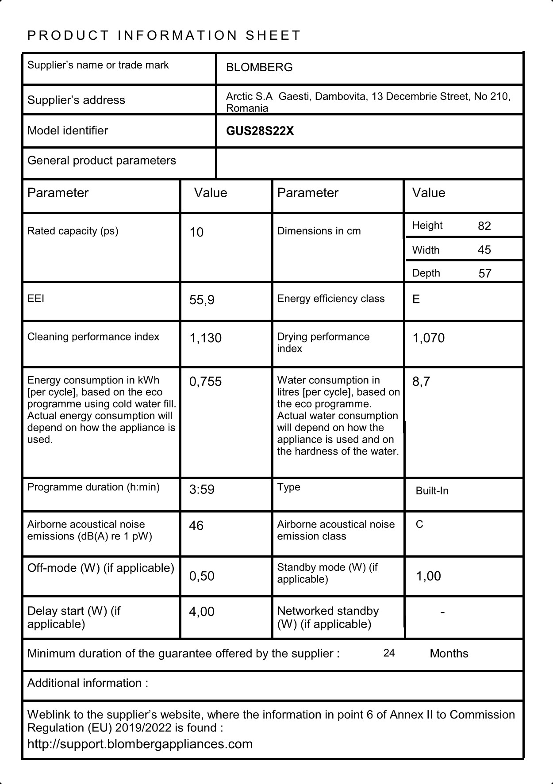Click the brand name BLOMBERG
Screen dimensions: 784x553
pyautogui.click(x=259, y=67)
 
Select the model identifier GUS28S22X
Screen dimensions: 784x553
pyautogui.click(x=260, y=131)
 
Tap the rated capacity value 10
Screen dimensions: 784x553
pyautogui.click(x=196, y=232)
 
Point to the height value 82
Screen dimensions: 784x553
pyautogui.click(x=484, y=226)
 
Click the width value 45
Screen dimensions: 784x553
pyautogui.click(x=484, y=250)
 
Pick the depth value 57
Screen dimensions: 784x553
pyautogui.click(x=485, y=273)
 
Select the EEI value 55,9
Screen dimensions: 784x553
pyautogui.click(x=202, y=300)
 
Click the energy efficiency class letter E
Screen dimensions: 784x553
pyautogui.click(x=416, y=299)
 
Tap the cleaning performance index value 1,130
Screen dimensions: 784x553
pyautogui.click(x=206, y=338)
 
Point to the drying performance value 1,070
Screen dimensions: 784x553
pyautogui.click(x=429, y=338)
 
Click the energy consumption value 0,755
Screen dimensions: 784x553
pyautogui.click(x=205, y=382)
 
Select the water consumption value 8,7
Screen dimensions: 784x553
pyautogui.click(x=421, y=382)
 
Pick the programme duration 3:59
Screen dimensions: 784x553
pyautogui.click(x=202, y=490)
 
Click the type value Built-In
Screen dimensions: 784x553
pyautogui.click(x=432, y=491)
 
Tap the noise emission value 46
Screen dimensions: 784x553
pyautogui.click(x=196, y=526)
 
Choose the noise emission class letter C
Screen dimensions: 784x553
pyautogui.click(x=419, y=524)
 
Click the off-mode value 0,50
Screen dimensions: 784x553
pyautogui.click(x=202, y=576)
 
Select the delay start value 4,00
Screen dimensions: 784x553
pyautogui.click(x=202, y=612)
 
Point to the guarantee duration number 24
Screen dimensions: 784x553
pyautogui.click(x=389, y=653)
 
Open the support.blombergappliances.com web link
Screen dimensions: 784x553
pyautogui.click(x=140, y=744)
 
